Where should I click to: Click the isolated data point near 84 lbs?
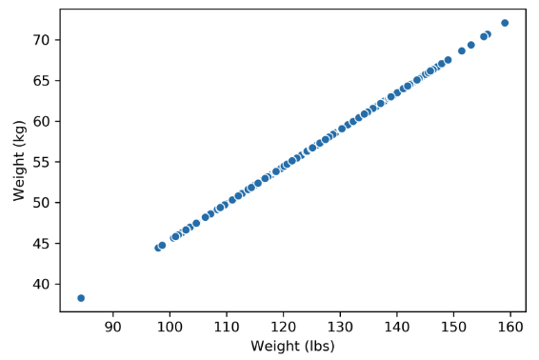[81, 298]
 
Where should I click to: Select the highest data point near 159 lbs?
[505, 23]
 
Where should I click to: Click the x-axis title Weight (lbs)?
[292, 347]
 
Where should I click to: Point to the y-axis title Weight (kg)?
[19, 160]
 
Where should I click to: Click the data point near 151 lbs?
[462, 51]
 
